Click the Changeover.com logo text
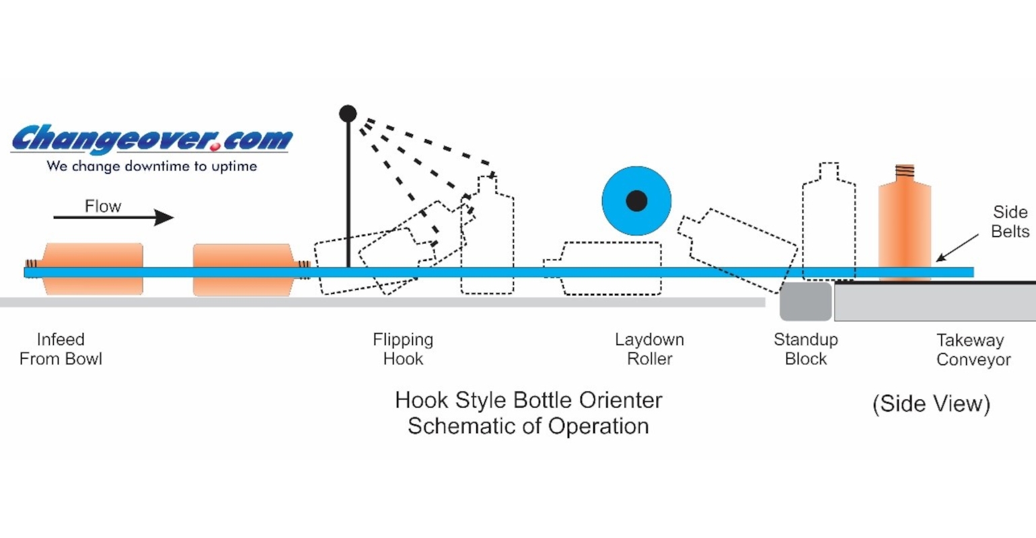pyautogui.click(x=152, y=139)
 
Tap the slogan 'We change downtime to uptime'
pyautogui.click(x=152, y=166)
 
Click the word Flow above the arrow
pyautogui.click(x=103, y=206)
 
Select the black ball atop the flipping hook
pyautogui.click(x=348, y=114)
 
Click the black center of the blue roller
pyautogui.click(x=636, y=200)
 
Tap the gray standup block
pyautogui.click(x=805, y=301)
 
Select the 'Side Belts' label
pyautogui.click(x=1010, y=221)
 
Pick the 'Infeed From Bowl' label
pyautogui.click(x=61, y=349)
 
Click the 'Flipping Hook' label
pyautogui.click(x=403, y=349)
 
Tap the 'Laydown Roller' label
pyautogui.click(x=649, y=349)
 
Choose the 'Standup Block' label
pyautogui.click(x=805, y=349)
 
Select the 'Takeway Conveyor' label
pyautogui.click(x=973, y=350)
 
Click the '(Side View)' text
pyautogui.click(x=931, y=403)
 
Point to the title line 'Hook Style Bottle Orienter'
pyautogui.click(x=528, y=400)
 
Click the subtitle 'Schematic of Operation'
pyautogui.click(x=528, y=426)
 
